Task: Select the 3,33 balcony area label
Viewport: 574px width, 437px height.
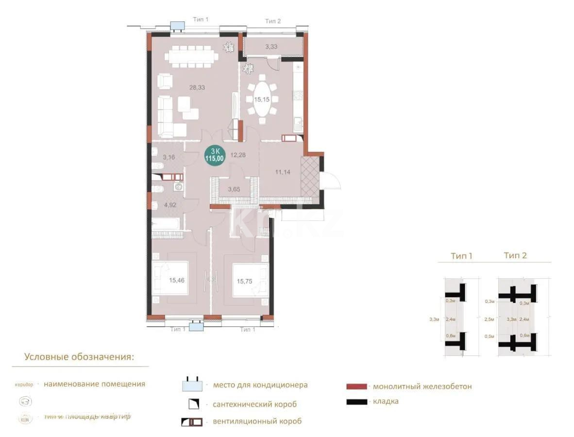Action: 271,47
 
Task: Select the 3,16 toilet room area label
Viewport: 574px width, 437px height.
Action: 169,157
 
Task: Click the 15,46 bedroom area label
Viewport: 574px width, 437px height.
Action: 177,280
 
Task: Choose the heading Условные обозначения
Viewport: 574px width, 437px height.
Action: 79,357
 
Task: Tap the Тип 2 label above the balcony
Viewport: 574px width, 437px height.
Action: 272,21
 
